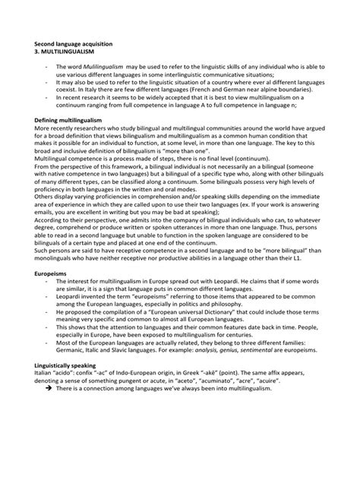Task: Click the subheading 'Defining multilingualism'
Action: (68, 120)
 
